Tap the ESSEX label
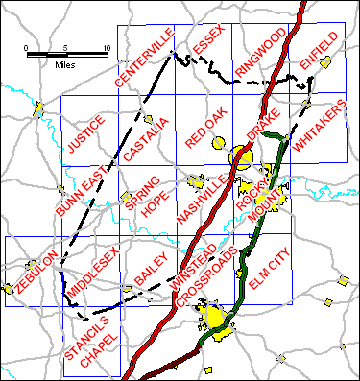point(207,43)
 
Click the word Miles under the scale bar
point(65,65)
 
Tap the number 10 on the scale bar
point(106,47)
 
